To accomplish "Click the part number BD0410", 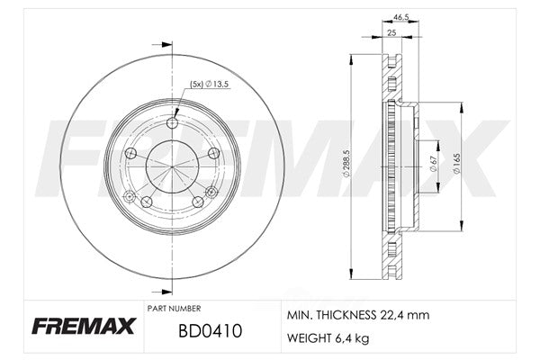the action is [x=210, y=331].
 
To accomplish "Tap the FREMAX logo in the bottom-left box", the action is [x=84, y=326].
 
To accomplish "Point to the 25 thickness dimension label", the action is [x=391, y=32].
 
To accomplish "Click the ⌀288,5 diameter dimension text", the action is [x=346, y=163].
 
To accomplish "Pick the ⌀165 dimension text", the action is [x=456, y=164].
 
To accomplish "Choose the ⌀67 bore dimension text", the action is [x=433, y=164].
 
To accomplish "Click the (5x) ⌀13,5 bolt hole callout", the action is [x=210, y=84].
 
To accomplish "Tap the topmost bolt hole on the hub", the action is [x=172, y=122].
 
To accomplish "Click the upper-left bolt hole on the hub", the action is [x=130, y=153].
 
